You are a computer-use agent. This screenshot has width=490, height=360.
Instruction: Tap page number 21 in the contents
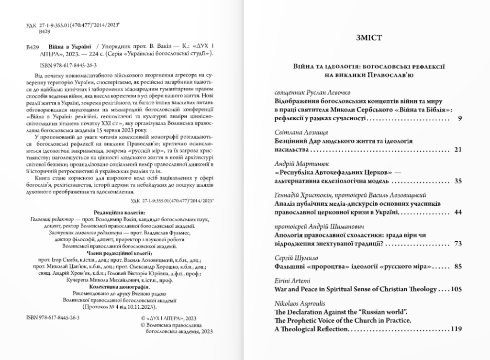pos(457,150)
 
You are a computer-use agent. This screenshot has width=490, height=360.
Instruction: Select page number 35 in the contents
pos(457,181)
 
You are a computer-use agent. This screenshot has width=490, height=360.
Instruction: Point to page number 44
pos(457,212)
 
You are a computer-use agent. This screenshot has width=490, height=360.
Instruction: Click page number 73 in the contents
pos(457,244)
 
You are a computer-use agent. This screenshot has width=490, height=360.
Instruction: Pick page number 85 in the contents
pos(457,266)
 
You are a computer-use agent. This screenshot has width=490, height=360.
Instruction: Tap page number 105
pos(455,289)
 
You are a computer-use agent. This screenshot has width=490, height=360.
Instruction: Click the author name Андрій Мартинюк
pos(297,164)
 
